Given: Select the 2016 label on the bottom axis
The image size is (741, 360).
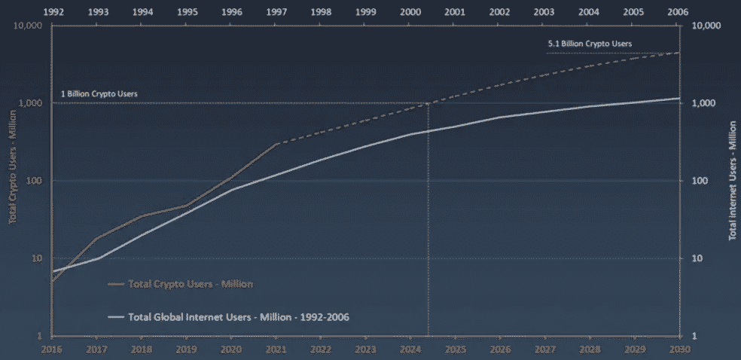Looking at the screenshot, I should coord(52,350).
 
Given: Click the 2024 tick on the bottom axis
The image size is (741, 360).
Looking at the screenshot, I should coord(410,350).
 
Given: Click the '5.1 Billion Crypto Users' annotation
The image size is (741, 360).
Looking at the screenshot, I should coord(589,44).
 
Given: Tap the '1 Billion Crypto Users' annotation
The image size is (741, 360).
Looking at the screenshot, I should coord(99,94).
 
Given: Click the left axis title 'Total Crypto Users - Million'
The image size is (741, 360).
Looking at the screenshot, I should coord(13,181).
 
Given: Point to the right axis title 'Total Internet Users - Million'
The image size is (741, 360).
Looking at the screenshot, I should coord(730,181).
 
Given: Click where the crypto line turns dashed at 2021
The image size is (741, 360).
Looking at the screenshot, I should coord(276,143).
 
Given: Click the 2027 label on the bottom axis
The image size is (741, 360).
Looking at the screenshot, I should coord(544,350).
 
